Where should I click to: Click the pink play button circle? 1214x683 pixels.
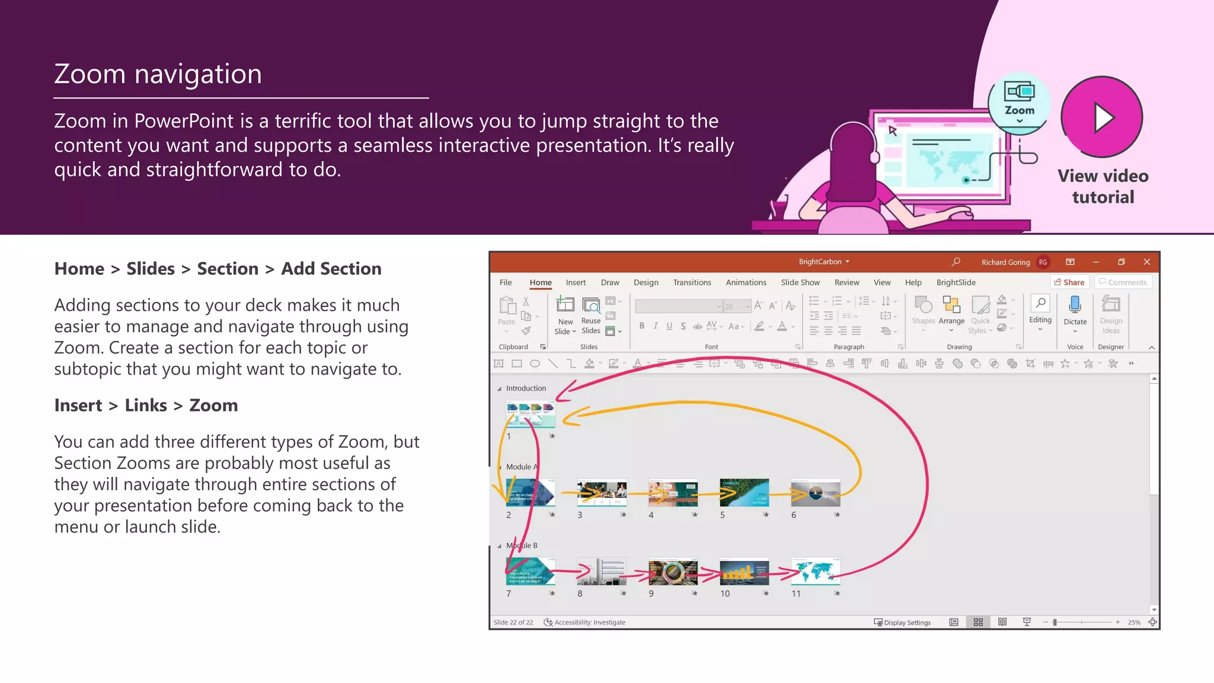1101,117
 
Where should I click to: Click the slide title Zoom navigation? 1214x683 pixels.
158,74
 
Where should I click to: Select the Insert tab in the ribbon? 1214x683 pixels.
575,283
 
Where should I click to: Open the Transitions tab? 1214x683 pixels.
692,283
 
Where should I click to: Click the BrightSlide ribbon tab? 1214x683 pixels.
956,283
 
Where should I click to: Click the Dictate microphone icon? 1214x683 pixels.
1075,305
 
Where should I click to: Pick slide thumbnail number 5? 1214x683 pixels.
744,493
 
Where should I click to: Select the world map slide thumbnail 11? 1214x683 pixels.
815,571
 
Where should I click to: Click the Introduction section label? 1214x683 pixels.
526,388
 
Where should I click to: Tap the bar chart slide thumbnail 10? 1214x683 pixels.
744,571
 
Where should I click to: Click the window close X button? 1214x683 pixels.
1146,262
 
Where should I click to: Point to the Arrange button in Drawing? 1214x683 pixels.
951,311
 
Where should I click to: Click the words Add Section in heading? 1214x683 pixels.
331,269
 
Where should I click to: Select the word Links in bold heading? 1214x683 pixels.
146,406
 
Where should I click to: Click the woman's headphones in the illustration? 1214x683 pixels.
874,155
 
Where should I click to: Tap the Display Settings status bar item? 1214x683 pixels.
902,623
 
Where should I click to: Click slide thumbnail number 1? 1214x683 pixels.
531,414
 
